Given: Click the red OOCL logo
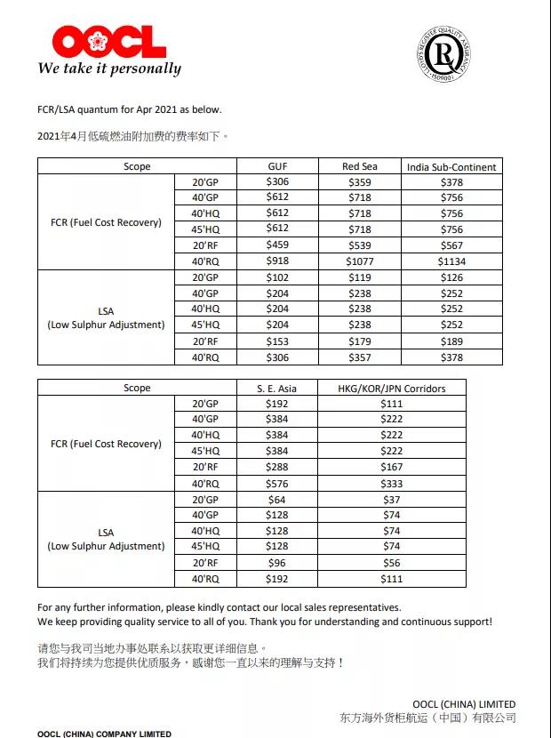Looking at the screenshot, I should tap(109, 41).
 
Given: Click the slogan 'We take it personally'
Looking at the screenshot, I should tap(109, 68).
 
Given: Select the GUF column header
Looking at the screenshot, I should tap(278, 166).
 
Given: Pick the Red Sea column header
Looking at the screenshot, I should tap(360, 166).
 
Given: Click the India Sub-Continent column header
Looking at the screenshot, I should tap(451, 166).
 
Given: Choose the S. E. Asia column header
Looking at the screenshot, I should tap(278, 388).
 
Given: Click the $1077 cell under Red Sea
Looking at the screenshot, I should tap(360, 261).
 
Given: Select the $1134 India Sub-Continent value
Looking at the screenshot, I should tap(451, 261).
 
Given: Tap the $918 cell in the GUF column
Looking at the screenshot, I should tap(278, 261).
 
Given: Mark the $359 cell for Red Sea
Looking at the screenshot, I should tap(360, 182).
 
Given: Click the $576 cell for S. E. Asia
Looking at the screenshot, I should tap(278, 483).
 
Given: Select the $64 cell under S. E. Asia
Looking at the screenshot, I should tap(278, 499).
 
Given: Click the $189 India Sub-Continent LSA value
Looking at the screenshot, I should tap(451, 341).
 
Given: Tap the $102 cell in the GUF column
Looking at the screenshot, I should tap(278, 277).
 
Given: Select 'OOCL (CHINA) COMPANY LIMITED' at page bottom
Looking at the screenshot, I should tap(104, 734).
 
